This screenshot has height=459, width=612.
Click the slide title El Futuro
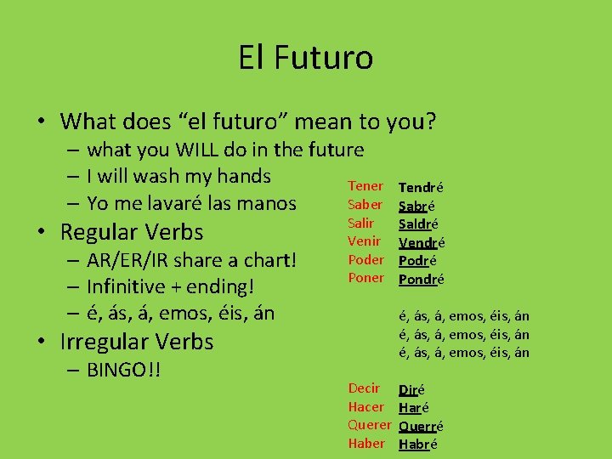tap(305, 58)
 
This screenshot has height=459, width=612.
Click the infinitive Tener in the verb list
tap(365, 186)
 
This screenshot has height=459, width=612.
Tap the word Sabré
tap(416, 206)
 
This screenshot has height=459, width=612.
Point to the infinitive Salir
tap(361, 223)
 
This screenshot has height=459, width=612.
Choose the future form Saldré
tap(418, 224)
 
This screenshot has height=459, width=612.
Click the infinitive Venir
tap(363, 241)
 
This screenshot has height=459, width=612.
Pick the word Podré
tap(418, 261)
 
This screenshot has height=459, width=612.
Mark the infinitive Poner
tap(365, 277)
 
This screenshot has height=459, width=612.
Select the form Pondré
tap(422, 279)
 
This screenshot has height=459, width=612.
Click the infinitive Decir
tap(364, 388)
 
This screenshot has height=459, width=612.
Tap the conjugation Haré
tap(413, 408)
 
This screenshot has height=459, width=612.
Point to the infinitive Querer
tap(369, 425)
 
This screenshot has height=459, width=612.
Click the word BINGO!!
tap(124, 371)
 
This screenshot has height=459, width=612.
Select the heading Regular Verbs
tap(132, 232)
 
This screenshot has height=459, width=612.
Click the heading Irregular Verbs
tap(136, 342)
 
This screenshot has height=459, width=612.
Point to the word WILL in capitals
tap(196, 150)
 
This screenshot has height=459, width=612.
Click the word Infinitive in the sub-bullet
tap(135, 286)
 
